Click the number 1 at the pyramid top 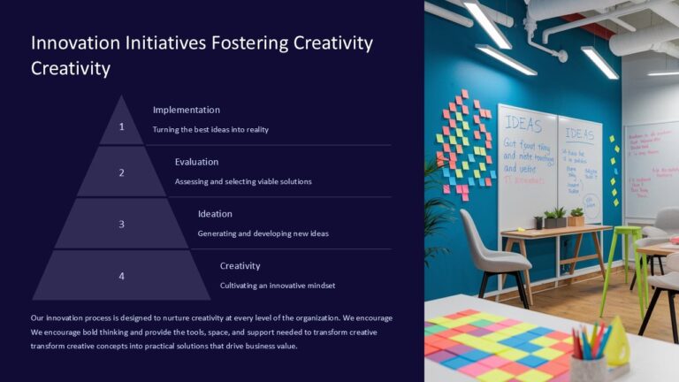pyautogui.click(x=122, y=126)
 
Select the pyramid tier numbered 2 pyautogui.click(x=122, y=172)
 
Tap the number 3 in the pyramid pyautogui.click(x=122, y=224)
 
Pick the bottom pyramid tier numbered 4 pyautogui.click(x=122, y=276)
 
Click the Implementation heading pyautogui.click(x=186, y=110)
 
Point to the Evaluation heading pyautogui.click(x=196, y=162)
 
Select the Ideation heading pyautogui.click(x=215, y=213)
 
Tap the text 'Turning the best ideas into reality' pyautogui.click(x=210, y=130)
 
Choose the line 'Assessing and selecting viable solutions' pyautogui.click(x=243, y=182)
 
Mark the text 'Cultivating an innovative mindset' pyautogui.click(x=278, y=286)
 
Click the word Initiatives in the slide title pyautogui.click(x=156, y=43)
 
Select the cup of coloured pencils pyautogui.click(x=590, y=354)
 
